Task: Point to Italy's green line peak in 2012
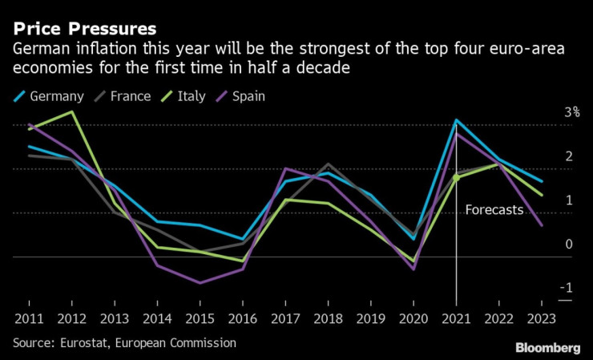[x=72, y=112]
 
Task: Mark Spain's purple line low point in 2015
[x=200, y=283]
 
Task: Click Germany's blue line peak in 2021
[x=456, y=120]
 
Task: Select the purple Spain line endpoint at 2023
[x=542, y=225]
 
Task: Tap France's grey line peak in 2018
[x=328, y=164]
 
